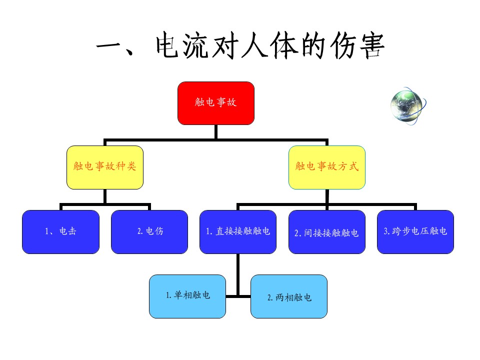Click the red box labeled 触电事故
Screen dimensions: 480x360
(216, 103)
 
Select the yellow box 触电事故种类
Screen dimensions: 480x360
(105, 167)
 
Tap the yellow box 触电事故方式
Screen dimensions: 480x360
(327, 167)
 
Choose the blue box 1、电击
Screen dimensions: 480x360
(60, 231)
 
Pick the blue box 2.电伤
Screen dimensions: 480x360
(149, 231)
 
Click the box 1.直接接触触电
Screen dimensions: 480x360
(238, 231)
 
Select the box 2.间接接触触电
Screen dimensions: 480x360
(327, 231)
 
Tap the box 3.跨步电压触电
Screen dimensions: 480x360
(415, 231)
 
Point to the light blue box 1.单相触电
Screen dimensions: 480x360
(187, 296)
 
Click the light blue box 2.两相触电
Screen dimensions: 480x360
(289, 296)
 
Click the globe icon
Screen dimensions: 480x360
(408, 106)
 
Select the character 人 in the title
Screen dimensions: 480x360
(254, 46)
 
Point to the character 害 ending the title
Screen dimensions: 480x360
(372, 46)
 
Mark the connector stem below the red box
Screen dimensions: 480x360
(216, 132)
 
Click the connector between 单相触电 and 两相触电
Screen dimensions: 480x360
(238, 296)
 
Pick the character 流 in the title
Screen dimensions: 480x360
(196, 46)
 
